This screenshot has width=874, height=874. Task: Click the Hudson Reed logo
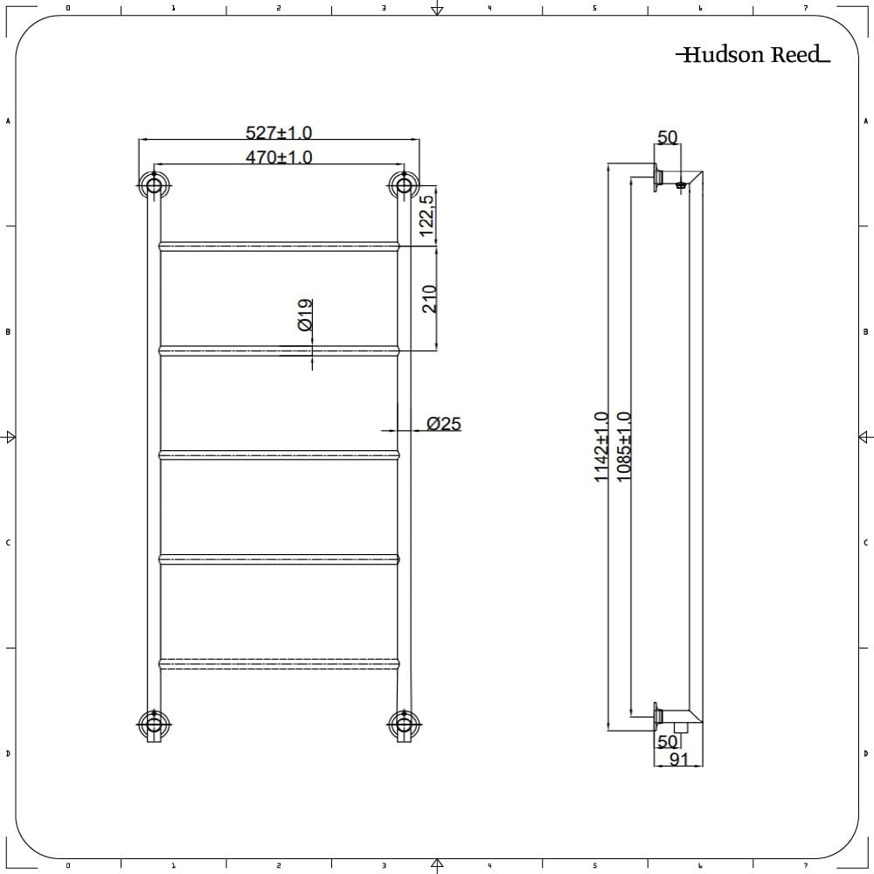pos(753,56)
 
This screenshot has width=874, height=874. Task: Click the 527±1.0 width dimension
pos(279,133)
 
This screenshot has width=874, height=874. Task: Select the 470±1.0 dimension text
pos(279,157)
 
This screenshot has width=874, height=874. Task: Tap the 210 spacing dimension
pos(429,299)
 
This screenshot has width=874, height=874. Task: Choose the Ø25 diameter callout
pos(443,424)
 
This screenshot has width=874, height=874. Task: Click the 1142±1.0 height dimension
pos(601,447)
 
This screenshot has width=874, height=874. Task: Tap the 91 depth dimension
pos(679,760)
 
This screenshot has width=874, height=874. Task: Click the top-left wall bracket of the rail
pos(154,184)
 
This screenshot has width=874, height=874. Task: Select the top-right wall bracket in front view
pos(403,184)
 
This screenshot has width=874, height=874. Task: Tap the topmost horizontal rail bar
pos(279,246)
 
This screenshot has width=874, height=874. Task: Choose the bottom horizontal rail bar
pos(279,663)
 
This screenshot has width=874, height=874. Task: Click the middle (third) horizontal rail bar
pos(279,454)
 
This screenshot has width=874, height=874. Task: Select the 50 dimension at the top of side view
pos(667,137)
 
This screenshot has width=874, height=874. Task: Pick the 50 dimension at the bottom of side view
pos(667,741)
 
